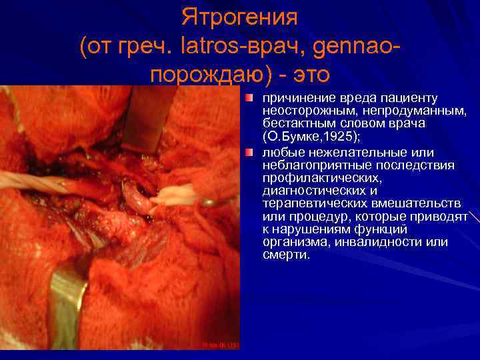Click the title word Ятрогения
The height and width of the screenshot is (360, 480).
tap(239, 17)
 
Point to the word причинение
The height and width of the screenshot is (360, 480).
tap(296, 99)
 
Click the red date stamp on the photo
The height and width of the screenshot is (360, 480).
tap(221, 345)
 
